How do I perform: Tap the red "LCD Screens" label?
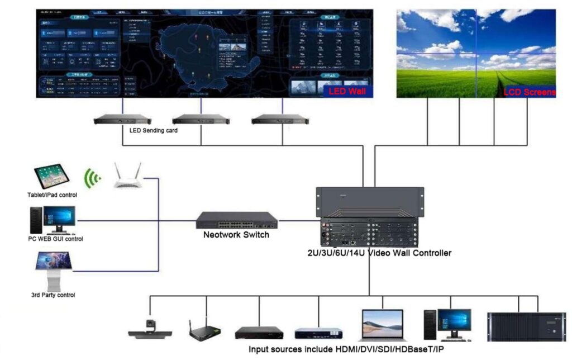[530, 92]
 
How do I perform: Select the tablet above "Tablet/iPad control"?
[53, 177]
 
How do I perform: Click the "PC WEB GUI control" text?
[56, 239]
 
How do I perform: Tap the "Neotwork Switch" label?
[236, 235]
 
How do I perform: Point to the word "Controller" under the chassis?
[430, 253]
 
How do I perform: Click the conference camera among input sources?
[150, 329]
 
